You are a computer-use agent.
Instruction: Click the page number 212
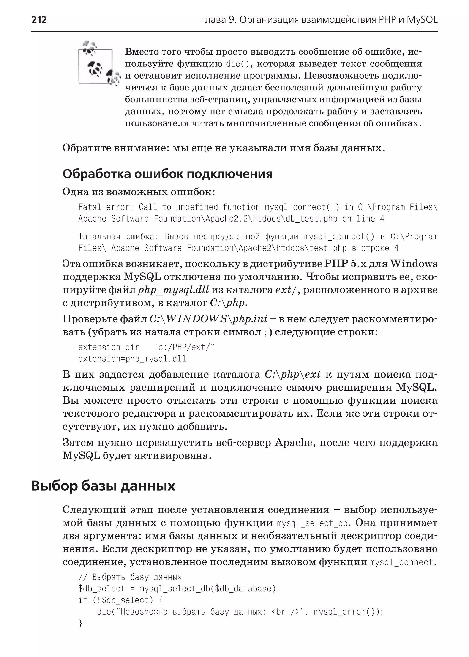pyautogui.click(x=39, y=20)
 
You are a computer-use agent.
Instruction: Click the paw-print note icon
pyautogui.click(x=98, y=65)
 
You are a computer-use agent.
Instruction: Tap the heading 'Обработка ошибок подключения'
pyautogui.click(x=167, y=174)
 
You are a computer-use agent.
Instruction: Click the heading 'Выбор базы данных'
pyautogui.click(x=103, y=486)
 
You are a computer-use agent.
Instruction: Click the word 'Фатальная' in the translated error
pyautogui.click(x=99, y=237)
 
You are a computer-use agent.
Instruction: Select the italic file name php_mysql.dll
pyautogui.click(x=173, y=290)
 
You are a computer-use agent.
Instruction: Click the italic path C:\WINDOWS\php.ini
pyautogui.click(x=208, y=319)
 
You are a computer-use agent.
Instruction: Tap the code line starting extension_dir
pyautogui.click(x=146, y=347)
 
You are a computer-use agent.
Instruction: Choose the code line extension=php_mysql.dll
pyautogui.click(x=132, y=359)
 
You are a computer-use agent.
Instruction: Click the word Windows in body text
pyautogui.click(x=414, y=264)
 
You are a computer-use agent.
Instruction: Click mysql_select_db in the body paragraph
pyautogui.click(x=312, y=523)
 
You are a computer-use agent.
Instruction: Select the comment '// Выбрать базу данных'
pyautogui.click(x=130, y=577)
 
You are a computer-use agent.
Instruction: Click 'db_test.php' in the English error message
pyautogui.click(x=311, y=219)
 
